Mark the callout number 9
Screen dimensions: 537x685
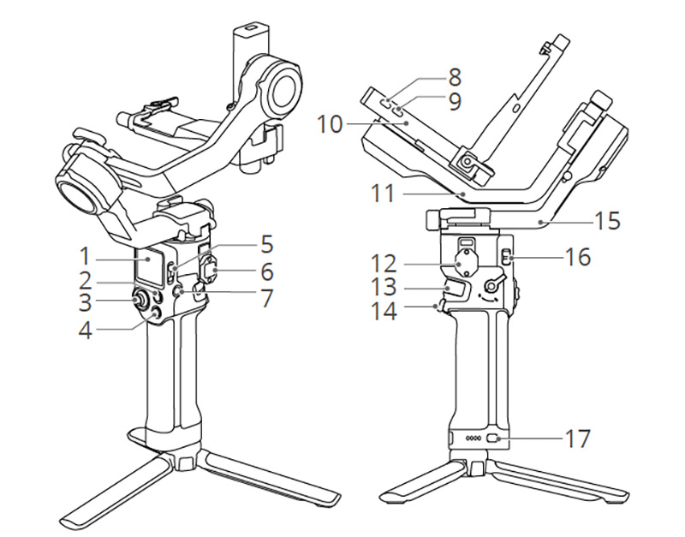(455, 102)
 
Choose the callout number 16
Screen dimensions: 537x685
(579, 255)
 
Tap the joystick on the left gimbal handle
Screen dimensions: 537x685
(138, 301)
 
